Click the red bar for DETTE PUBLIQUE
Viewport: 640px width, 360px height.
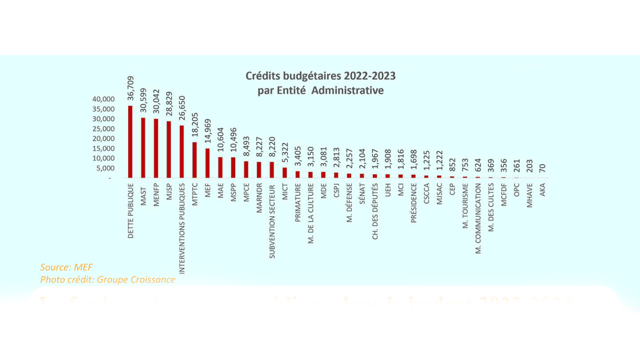pyautogui.click(x=131, y=142)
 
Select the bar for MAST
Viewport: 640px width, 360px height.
pyautogui.click(x=143, y=148)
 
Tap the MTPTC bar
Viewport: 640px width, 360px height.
pyautogui.click(x=195, y=160)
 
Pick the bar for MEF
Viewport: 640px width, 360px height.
pyautogui.click(x=207, y=163)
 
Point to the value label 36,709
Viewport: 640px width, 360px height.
pyautogui.click(x=131, y=88)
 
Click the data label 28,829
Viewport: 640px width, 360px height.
pyautogui.click(x=169, y=104)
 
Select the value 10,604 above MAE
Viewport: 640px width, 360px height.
pyautogui.click(x=220, y=139)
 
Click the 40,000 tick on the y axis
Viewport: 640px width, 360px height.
pyautogui.click(x=103, y=99)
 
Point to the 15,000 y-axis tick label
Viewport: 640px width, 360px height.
pyautogui.click(x=103, y=148)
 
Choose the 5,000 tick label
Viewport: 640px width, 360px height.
pyautogui.click(x=105, y=168)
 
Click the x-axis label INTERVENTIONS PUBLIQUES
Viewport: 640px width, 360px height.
pyautogui.click(x=182, y=228)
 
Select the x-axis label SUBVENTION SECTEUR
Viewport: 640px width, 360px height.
pyautogui.click(x=272, y=221)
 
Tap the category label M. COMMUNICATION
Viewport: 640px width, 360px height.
pyautogui.click(x=478, y=218)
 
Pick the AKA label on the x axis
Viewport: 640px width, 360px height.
pyautogui.click(x=542, y=190)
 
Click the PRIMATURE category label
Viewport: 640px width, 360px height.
pyautogui.click(x=298, y=203)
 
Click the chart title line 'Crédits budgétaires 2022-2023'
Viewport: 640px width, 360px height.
pyautogui.click(x=320, y=76)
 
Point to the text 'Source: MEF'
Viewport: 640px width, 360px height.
pyautogui.click(x=66, y=267)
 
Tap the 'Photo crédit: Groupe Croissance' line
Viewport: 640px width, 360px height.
pyautogui.click(x=108, y=279)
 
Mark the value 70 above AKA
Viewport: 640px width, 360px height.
pyautogui.click(x=542, y=168)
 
